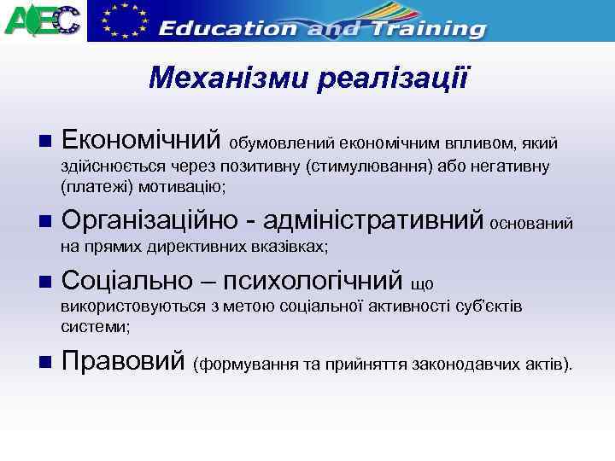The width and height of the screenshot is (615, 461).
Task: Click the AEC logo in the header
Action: coord(44,20)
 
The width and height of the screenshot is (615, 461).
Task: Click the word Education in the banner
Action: coord(228,27)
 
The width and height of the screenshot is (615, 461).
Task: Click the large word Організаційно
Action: coord(147,222)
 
